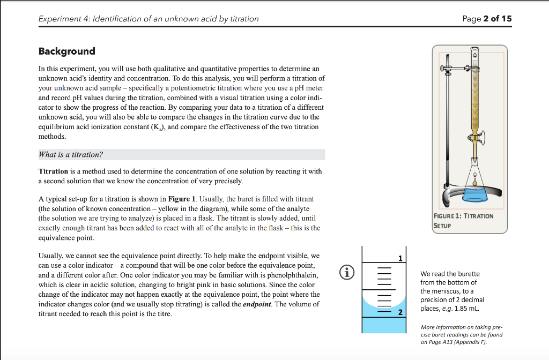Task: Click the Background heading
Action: pos(66,51)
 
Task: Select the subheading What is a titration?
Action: pos(71,154)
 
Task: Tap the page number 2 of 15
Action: pos(487,19)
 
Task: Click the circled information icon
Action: pos(348,273)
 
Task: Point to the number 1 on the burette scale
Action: pos(400,259)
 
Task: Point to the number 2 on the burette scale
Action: pos(400,312)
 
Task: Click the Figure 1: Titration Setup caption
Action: pos(463,220)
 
